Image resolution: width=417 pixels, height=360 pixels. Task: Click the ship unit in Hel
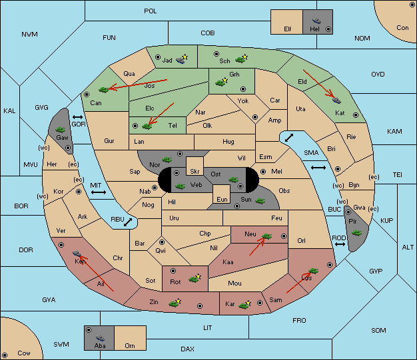pyautogui.click(x=316, y=21)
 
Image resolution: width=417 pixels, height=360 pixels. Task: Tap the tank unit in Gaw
pyautogui.click(x=61, y=129)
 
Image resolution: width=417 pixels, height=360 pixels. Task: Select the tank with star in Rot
pyautogui.click(x=195, y=278)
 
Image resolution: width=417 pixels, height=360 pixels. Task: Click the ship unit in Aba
pyautogui.click(x=101, y=337)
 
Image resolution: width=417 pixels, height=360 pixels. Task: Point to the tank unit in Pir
pyautogui.click(x=356, y=233)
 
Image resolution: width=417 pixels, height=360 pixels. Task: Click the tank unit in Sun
pyautogui.click(x=260, y=201)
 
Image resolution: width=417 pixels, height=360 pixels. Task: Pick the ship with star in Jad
pyautogui.click(x=182, y=59)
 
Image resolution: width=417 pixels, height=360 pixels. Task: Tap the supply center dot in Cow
pyautogui.click(x=5, y=355)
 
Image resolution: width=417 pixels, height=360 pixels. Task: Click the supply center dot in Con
pyautogui.click(x=412, y=5)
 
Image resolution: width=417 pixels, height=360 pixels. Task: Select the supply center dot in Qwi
pyautogui.click(x=162, y=242)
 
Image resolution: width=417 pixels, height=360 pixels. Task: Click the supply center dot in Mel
pyautogui.click(x=263, y=172)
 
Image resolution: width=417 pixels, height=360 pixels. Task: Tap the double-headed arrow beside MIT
pyautogui.click(x=99, y=192)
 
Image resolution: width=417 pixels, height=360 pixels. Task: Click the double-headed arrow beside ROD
pyautogui.click(x=340, y=244)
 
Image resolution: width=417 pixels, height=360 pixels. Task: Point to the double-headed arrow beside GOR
pyautogui.click(x=78, y=117)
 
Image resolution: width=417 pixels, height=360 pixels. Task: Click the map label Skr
pyautogui.click(x=195, y=172)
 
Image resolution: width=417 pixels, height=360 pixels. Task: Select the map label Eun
pyautogui.click(x=222, y=199)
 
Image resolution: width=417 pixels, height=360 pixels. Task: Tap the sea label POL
pyautogui.click(x=151, y=11)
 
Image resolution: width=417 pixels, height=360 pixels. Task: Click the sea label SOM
pyautogui.click(x=378, y=330)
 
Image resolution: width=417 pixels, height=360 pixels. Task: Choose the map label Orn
pyautogui.click(x=130, y=345)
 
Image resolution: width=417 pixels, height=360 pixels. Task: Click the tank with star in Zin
pyautogui.click(x=175, y=303)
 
